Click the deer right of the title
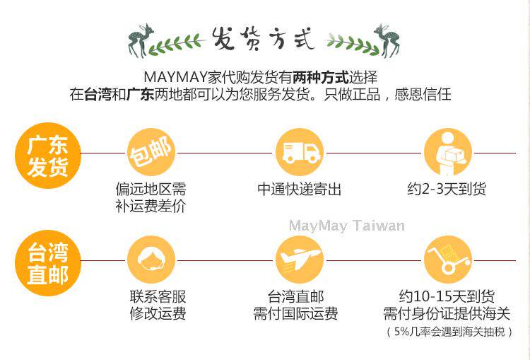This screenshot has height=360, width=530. coord(387,40)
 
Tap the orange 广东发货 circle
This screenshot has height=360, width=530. coord(47,156)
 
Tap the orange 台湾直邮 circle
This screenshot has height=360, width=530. coord(47,263)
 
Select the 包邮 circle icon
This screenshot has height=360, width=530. coord(151,153)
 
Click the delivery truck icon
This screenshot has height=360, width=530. coord(300,153)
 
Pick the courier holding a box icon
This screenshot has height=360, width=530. coord(448,153)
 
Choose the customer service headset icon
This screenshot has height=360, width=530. coord(151,260)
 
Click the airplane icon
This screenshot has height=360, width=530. coord(300,260)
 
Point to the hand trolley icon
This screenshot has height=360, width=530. coord(448,260)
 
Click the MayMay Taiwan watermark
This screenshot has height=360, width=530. coord(347,226)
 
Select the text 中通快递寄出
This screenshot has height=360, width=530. coord(299,189)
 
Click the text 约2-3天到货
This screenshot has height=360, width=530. coord(447,189)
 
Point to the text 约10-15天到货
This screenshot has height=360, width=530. coord(447,296)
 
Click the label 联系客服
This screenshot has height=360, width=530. coord(158,296)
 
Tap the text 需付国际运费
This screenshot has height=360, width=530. coord(295,313)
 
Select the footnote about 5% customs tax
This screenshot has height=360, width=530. coord(449,332)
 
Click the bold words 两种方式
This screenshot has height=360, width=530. coord(320,77)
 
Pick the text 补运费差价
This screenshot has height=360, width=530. coord(151,206)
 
